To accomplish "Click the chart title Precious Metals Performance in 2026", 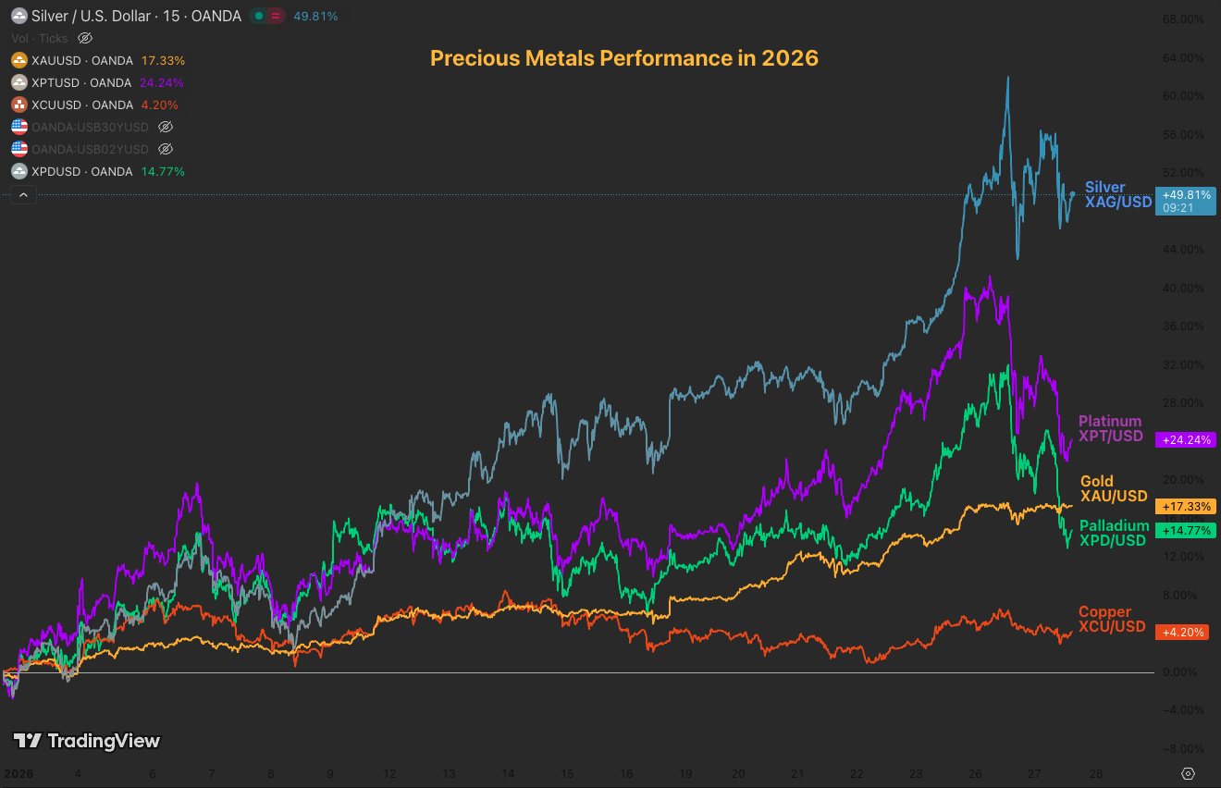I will click(624, 58).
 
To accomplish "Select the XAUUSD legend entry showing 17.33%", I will click(98, 60).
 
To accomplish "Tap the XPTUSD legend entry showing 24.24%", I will click(98, 82).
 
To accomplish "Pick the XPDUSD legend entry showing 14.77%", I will click(98, 171).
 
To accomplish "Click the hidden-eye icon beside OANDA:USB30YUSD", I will click(166, 127).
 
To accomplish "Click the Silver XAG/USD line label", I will click(1117, 195).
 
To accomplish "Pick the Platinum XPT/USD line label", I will click(1110, 429).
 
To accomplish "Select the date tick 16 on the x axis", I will click(626, 773).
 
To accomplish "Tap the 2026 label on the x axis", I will click(18, 773).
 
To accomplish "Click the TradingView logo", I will click(87, 741).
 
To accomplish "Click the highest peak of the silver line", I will click(1007, 78).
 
